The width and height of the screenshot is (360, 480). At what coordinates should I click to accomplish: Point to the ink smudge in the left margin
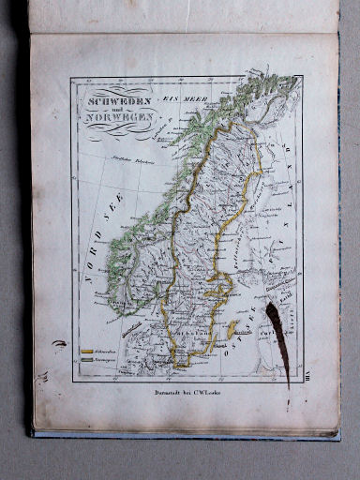pyautogui.click(x=60, y=345)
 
